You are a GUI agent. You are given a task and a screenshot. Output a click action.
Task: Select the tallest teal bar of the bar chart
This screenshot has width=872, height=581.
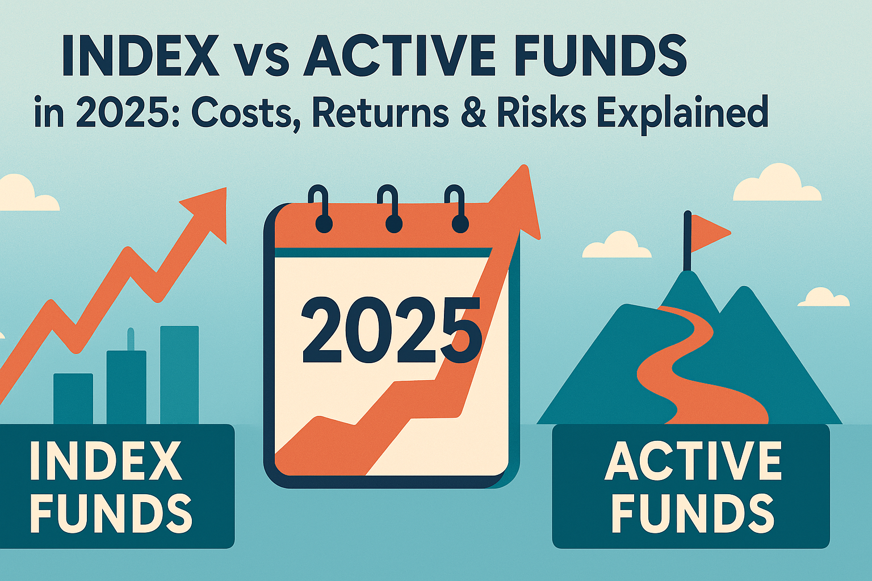click(179, 374)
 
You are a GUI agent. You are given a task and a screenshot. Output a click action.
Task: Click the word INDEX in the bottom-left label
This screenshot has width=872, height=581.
click(106, 461)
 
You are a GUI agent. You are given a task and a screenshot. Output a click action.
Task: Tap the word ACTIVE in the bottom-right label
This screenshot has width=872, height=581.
click(693, 461)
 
